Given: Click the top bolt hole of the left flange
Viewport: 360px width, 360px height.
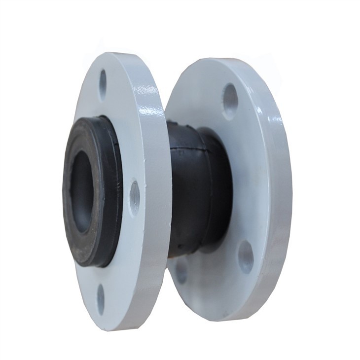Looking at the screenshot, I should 103,82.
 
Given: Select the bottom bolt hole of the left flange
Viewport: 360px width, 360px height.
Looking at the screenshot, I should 101,297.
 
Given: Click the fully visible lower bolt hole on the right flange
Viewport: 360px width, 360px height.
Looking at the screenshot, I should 246,256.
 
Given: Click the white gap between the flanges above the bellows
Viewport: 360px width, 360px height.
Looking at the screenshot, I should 168,99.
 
